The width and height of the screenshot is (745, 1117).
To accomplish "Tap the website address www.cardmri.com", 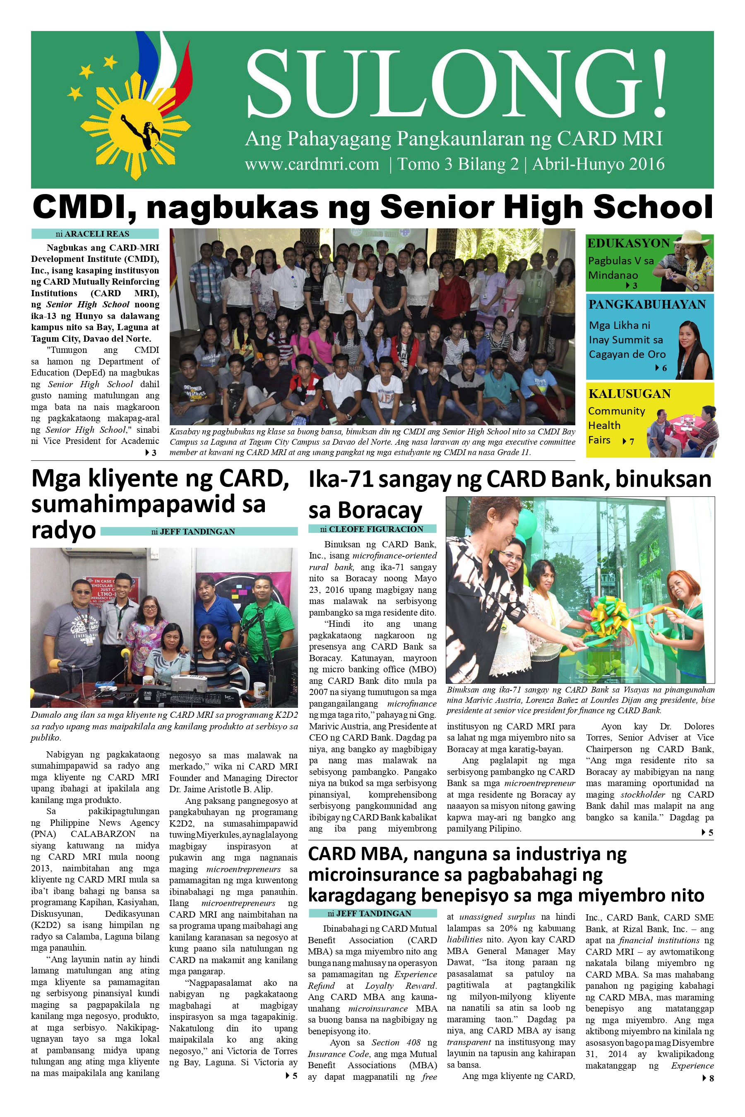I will pos(312,164).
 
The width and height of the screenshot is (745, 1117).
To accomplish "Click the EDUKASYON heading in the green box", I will pos(628,243).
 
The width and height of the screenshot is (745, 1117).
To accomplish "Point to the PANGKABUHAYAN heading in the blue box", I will pos(647,304).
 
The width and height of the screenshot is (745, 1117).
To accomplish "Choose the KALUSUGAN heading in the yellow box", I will pos(629,394).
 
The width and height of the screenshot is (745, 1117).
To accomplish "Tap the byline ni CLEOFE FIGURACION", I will pos(372,529).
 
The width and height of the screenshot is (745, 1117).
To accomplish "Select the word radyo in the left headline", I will pos(63,530).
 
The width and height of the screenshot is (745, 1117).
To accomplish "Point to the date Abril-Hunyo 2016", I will pos(598,164).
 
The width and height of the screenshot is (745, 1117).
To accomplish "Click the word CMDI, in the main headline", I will pos(84,207).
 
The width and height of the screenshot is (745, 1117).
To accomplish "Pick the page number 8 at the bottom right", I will pos(711,1079).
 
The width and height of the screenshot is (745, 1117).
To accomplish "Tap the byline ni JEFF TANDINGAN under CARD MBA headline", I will pos(372,913).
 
